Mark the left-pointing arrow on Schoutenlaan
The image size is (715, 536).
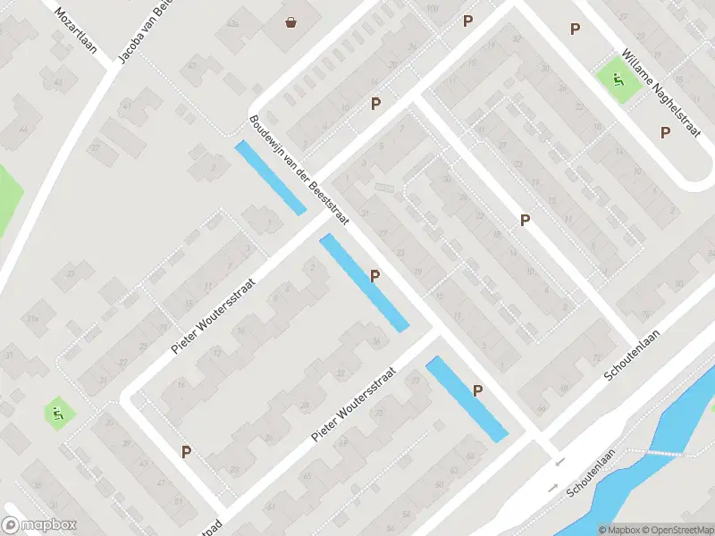point(559,462)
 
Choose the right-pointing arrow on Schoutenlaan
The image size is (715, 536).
point(551,489)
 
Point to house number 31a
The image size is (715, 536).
point(34,318)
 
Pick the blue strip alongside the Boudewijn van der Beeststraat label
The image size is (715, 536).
point(270,178)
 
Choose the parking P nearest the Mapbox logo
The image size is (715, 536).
point(186,452)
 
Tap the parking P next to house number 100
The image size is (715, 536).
point(467,21)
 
